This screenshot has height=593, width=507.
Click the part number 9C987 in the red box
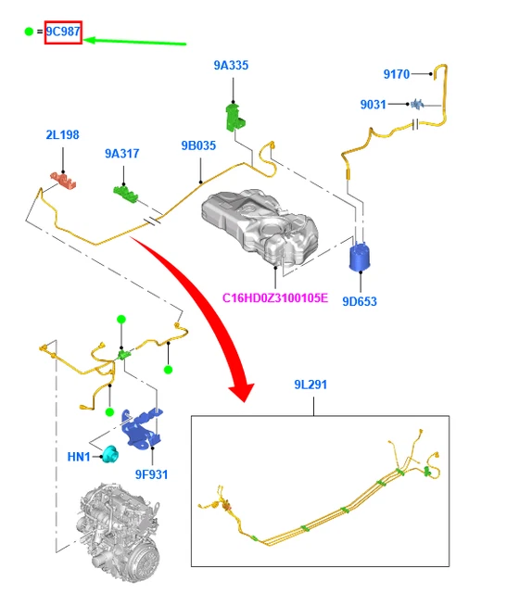tap(63, 32)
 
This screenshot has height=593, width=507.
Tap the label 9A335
tap(231, 66)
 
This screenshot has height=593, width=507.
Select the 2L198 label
tap(62, 135)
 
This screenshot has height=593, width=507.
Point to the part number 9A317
tap(121, 154)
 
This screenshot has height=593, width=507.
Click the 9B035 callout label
tap(198, 145)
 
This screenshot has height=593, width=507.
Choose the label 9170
tap(397, 74)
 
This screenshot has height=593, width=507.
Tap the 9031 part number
tap(373, 105)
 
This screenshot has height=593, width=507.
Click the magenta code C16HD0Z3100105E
tap(275, 298)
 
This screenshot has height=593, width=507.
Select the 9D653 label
tap(360, 301)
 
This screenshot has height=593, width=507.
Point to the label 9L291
tap(311, 385)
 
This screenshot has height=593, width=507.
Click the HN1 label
tap(79, 457)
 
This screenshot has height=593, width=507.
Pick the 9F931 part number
tap(151, 474)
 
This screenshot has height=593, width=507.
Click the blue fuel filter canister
tap(360, 257)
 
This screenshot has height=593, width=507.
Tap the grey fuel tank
tap(260, 226)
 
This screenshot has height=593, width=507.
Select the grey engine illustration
tap(120, 533)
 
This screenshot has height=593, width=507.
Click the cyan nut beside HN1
tap(110, 454)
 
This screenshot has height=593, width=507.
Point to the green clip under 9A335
tap(234, 118)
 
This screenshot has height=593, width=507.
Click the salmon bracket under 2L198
tap(64, 180)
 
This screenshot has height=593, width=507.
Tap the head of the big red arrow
tap(242, 391)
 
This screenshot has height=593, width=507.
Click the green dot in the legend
tap(29, 32)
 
